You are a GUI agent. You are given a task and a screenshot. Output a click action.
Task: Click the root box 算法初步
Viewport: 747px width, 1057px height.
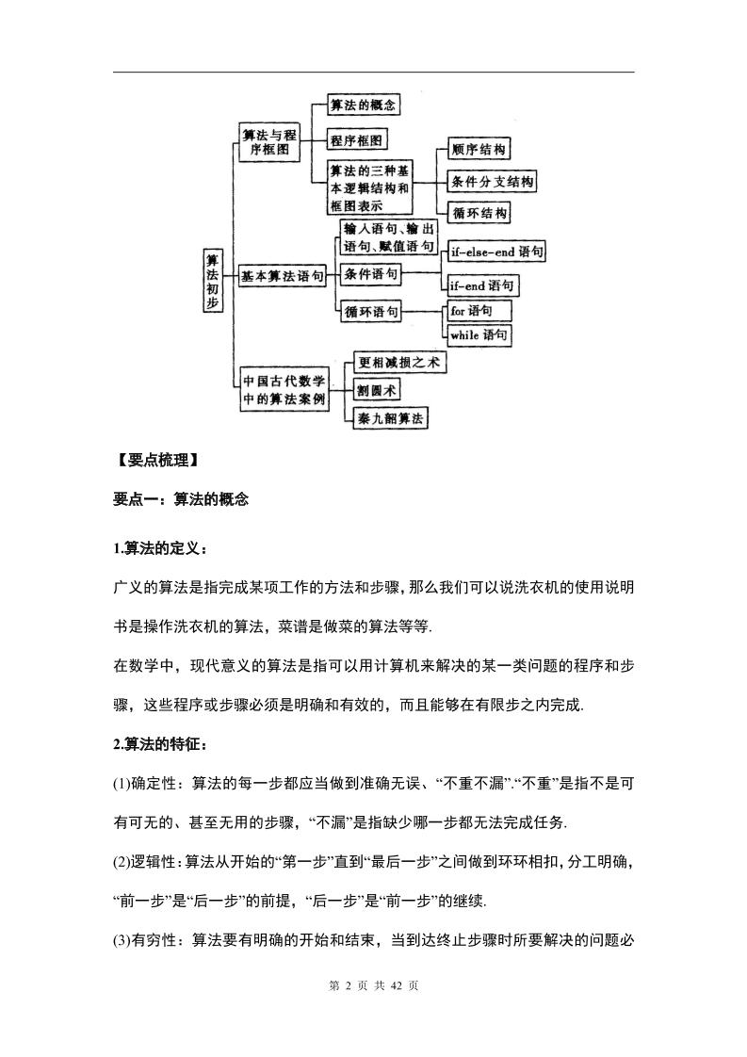[213, 281]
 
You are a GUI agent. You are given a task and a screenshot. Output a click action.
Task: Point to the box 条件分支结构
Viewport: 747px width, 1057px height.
[491, 182]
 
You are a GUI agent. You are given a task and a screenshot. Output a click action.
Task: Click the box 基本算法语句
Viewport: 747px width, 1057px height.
[283, 276]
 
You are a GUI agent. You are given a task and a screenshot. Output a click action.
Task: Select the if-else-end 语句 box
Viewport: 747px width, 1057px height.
[496, 252]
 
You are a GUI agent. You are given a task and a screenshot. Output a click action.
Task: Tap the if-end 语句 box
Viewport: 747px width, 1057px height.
[481, 285]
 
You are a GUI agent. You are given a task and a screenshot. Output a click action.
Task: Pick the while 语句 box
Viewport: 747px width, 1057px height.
[479, 334]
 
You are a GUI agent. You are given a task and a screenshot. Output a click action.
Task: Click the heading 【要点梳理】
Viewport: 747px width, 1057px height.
[156, 461]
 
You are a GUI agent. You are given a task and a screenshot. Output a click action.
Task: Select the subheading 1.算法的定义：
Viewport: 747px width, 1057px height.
[159, 548]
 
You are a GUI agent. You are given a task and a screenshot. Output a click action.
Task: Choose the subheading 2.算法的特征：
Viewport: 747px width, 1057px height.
[159, 744]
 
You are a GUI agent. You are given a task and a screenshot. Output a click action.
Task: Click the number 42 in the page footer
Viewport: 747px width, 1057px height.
[394, 985]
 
